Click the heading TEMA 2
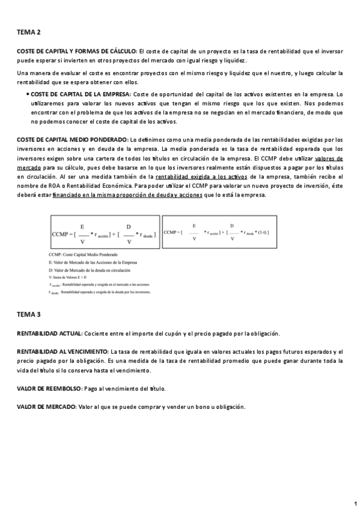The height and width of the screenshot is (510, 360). pos(29,32)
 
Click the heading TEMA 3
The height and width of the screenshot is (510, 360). pos(29,314)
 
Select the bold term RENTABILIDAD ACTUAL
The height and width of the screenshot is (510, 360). pos(49,333)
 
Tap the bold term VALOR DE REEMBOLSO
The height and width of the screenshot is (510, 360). pos(50,389)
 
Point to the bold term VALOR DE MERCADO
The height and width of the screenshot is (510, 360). pos(46,407)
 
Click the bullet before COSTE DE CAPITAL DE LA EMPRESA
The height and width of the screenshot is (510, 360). pos(28,95)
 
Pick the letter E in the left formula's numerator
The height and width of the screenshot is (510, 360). pos(82,227)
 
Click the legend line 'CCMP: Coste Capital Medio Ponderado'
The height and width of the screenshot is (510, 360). pos(82,256)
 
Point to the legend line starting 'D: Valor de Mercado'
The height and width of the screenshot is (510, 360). pos(90,269)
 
